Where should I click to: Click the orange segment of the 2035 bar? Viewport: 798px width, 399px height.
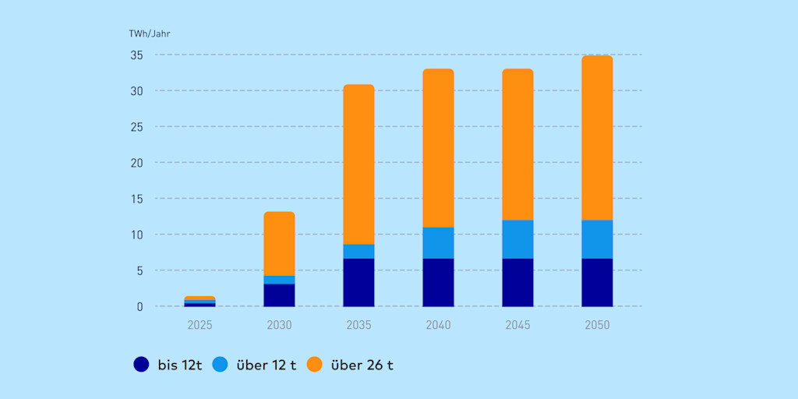coord(358,164)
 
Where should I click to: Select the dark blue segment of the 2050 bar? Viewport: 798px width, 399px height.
coord(597,282)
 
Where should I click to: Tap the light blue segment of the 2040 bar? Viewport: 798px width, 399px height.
coord(438,243)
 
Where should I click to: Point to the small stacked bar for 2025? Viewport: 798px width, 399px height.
coord(199,302)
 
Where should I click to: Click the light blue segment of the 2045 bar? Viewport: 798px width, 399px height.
coord(517,239)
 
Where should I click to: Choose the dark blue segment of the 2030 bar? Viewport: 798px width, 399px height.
coord(279,295)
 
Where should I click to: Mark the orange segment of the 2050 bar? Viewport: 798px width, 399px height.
coord(597,138)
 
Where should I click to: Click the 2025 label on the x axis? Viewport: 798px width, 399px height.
coord(199,324)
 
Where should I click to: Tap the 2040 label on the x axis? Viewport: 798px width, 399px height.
coord(438,324)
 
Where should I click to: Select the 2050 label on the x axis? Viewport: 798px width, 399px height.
coord(597,324)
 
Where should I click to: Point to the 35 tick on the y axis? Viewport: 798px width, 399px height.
coord(136,55)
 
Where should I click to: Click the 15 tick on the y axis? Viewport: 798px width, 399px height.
coord(136,199)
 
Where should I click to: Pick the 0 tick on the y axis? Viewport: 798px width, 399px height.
coord(140,306)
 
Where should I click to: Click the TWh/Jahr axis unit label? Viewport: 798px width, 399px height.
coord(149,34)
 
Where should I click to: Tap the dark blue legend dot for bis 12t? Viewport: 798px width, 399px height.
coord(141,364)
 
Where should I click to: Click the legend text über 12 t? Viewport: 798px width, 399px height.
coord(266,365)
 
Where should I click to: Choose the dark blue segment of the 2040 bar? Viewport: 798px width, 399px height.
coord(438,282)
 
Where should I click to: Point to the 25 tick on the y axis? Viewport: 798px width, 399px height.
coord(136,127)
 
